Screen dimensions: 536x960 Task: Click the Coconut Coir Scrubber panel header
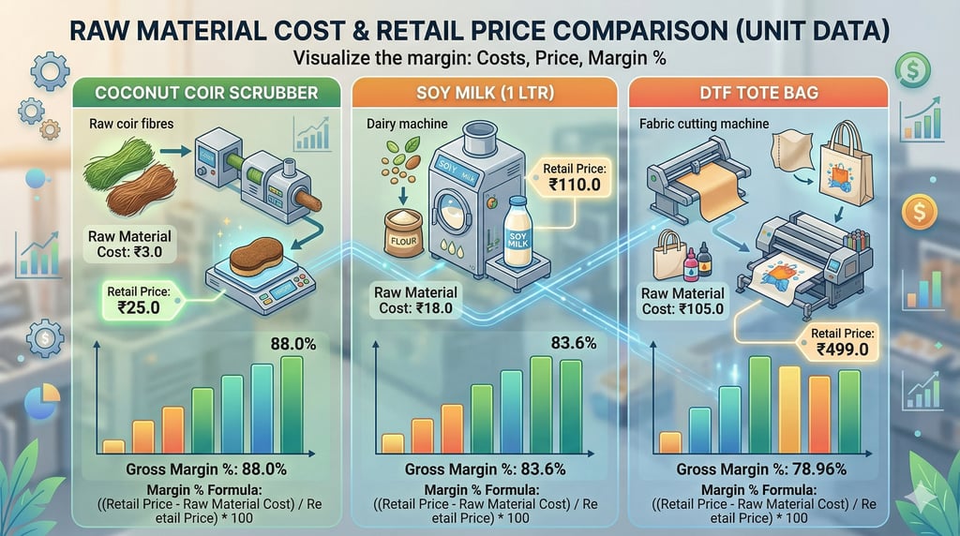pyautogui.click(x=205, y=94)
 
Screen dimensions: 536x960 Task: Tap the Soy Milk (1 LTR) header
pyautogui.click(x=483, y=94)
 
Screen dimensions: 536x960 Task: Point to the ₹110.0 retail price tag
pyautogui.click(x=572, y=177)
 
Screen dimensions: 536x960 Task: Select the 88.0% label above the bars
pyautogui.click(x=292, y=344)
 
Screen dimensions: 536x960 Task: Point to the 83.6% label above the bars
pyautogui.click(x=572, y=344)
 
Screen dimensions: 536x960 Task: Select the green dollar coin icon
pyautogui.click(x=911, y=68)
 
